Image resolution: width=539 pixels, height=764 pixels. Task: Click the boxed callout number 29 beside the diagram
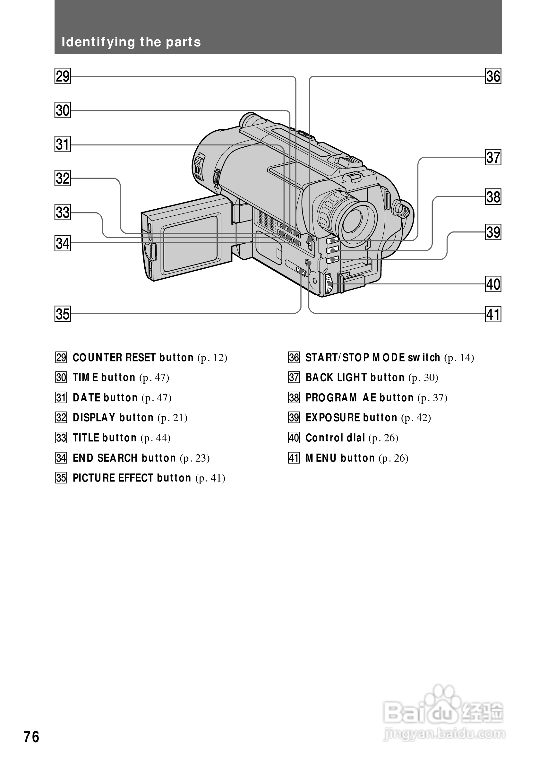63,76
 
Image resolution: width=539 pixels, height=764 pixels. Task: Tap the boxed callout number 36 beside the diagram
493,76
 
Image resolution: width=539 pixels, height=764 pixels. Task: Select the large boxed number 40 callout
493,284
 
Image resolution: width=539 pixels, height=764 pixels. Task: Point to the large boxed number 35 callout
63,314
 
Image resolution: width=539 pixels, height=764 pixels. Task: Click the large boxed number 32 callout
63,178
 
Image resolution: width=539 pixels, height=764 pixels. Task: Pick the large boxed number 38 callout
493,197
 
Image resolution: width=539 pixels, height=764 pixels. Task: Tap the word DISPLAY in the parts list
94,418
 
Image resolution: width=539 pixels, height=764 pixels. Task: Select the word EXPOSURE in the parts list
332,418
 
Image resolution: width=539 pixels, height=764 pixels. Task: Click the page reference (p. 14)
459,358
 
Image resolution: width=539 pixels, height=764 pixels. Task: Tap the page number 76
31,737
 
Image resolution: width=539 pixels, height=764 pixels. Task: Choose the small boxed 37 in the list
294,378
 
